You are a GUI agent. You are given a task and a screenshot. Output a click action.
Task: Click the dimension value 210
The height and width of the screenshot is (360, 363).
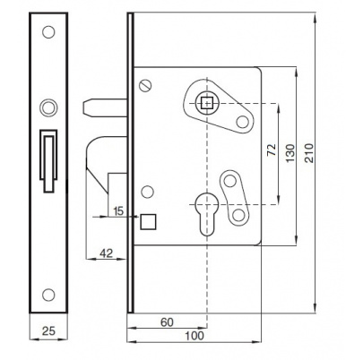[x=309, y=153]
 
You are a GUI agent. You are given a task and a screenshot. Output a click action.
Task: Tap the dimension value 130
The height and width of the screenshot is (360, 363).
[x=290, y=153]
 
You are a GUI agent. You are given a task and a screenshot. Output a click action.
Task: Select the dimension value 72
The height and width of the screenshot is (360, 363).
[x=272, y=150]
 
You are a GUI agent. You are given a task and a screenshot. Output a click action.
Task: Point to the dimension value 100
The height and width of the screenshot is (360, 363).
[x=194, y=336]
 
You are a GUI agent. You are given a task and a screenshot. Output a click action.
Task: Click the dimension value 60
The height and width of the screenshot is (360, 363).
[x=167, y=322]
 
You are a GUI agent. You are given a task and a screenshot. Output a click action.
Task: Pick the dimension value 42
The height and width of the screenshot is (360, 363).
[x=107, y=253]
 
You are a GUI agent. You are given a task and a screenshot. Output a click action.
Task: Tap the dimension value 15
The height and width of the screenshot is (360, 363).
[x=118, y=211]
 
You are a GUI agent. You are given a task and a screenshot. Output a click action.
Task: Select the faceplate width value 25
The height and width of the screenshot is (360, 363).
[x=48, y=330]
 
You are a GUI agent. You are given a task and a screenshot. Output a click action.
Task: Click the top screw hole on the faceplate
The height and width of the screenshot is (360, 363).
[x=48, y=32]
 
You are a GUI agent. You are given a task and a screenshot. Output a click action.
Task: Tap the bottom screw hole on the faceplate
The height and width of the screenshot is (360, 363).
[x=48, y=295]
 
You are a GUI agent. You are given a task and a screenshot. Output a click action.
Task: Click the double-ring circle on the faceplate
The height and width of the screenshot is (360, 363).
[x=48, y=107]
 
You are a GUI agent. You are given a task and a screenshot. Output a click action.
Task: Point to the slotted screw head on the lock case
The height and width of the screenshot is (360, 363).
[x=145, y=85]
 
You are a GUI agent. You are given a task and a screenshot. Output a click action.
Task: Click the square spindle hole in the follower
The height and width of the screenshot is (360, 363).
[x=206, y=103]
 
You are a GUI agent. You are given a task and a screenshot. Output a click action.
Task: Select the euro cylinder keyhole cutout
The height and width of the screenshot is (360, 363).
[x=207, y=214]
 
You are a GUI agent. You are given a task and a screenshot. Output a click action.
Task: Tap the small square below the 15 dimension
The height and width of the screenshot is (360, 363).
[x=148, y=222]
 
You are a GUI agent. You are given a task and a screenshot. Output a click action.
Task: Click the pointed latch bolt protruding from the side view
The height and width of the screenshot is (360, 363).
[x=105, y=107]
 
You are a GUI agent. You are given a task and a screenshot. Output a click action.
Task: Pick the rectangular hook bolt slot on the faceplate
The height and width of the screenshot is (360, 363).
[x=48, y=160]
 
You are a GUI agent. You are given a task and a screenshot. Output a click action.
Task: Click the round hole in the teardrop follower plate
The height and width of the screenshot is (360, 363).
[x=242, y=122]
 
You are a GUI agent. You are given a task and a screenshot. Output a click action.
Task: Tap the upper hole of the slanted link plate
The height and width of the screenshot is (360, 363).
[x=230, y=181]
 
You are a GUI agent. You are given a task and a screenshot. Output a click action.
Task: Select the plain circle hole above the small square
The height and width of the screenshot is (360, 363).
[x=147, y=192]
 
